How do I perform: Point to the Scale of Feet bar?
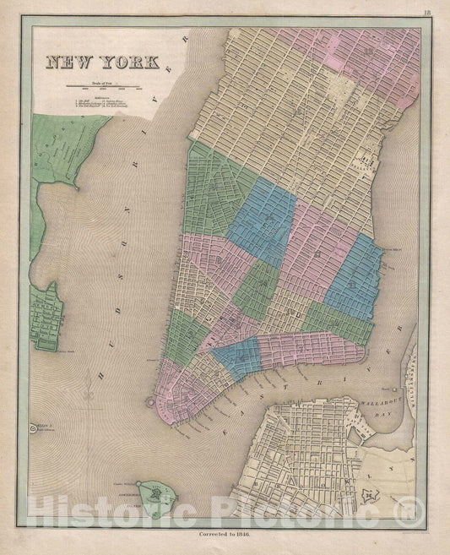click(x=100, y=86)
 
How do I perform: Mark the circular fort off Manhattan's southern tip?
click(x=151, y=403)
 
